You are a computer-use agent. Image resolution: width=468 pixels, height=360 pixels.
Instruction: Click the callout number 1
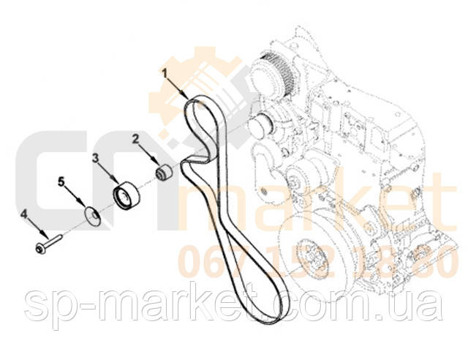pyautogui.click(x=166, y=72)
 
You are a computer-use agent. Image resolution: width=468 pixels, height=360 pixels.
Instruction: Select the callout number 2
pyautogui.click(x=135, y=138)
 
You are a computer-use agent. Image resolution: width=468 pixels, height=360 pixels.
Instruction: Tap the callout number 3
pyautogui.click(x=95, y=157)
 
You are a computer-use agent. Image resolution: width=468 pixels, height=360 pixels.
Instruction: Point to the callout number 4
pyautogui.click(x=24, y=214)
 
